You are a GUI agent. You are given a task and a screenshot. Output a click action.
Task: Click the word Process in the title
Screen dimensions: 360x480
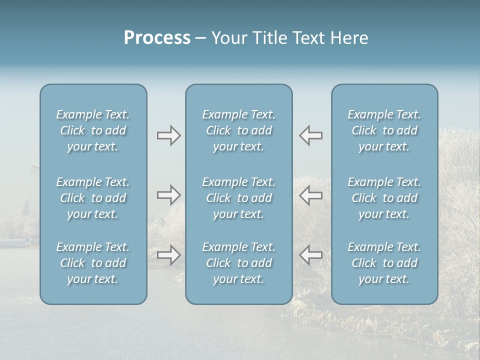pos(157,38)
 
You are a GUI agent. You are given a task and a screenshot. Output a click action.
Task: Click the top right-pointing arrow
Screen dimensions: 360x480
pos(168,135)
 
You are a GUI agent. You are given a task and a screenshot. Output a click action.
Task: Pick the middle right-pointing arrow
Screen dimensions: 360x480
pos(168,195)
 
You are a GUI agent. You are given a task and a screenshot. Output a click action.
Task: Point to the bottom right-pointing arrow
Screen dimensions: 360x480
pos(168,255)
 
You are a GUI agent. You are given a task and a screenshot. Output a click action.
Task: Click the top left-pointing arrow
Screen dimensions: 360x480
pos(311,135)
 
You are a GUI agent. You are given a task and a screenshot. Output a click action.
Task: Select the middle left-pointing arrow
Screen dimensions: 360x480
pos(311,195)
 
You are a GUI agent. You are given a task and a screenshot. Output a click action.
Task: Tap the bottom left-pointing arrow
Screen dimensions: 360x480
pos(311,255)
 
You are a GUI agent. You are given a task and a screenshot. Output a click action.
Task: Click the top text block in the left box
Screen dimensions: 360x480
pos(93,130)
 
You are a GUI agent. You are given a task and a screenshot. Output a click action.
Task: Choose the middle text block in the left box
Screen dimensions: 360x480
pos(93,198)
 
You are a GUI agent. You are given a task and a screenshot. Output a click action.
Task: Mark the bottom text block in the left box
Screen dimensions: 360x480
pos(93,263)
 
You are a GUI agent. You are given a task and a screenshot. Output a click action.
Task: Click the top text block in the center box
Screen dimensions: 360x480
pos(239,130)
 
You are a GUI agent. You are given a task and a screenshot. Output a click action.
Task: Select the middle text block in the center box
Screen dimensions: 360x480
pos(239,198)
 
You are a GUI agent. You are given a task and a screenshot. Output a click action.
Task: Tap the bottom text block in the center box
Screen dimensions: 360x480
pos(239,263)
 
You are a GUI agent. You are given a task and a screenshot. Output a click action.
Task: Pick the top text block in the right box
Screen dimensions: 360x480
pos(384,130)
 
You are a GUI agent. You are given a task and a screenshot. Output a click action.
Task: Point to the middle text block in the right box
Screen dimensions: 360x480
pos(384,198)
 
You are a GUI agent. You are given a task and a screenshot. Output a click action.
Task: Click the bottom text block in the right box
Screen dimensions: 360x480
pos(384,263)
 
